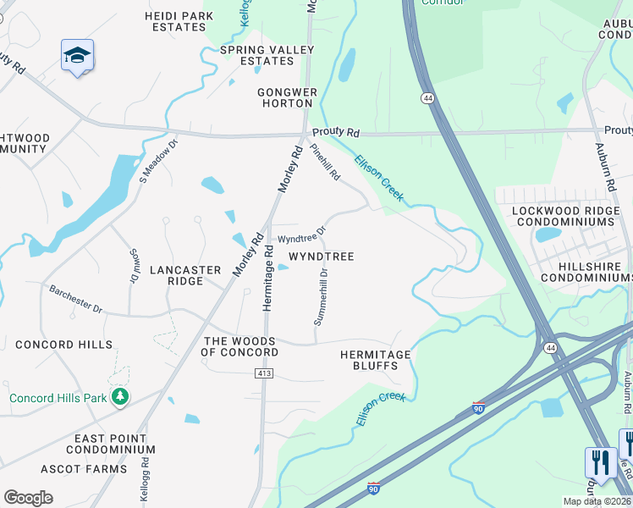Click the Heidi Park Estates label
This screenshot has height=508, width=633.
pos(175,21)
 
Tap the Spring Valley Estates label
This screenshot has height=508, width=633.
pos(267,55)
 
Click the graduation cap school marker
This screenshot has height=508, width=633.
pos(78,55)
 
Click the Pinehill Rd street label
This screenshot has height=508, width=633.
pos(324,163)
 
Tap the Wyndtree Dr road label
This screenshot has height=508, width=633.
pos(302,235)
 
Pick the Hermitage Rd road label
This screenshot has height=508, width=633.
pos(268,278)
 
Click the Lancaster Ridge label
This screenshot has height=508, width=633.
pos(185,275)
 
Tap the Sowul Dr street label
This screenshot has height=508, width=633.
pos(133,266)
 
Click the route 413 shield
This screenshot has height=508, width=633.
pos(263,373)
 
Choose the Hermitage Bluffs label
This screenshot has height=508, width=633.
pos(375,360)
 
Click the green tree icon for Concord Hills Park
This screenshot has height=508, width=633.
pos(120,396)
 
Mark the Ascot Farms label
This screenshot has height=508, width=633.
pos(84,468)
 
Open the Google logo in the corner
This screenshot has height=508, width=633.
pos(29,498)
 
